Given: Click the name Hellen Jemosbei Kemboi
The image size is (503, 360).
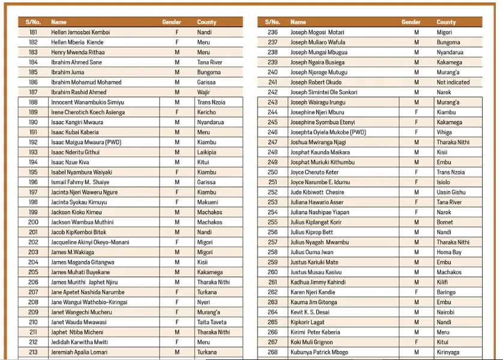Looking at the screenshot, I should (x=80, y=32).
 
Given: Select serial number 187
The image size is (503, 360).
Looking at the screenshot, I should (x=33, y=92).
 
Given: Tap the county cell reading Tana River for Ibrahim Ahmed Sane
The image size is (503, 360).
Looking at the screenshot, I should (x=209, y=62).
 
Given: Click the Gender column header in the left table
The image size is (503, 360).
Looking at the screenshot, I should (x=172, y=22).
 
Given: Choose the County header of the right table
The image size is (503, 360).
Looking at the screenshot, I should (x=446, y=22).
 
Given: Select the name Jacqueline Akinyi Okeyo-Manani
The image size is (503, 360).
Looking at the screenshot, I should (x=90, y=242).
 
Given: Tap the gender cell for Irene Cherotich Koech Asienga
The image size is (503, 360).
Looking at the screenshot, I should (x=177, y=112).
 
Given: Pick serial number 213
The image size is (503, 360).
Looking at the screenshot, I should (x=33, y=352).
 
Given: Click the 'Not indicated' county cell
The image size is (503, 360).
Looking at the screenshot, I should (x=453, y=82).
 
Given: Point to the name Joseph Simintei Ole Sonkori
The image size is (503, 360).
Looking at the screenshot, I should (x=324, y=92).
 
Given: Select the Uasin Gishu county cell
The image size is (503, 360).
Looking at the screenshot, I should (x=451, y=192).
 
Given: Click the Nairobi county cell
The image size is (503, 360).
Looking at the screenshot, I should (x=445, y=312).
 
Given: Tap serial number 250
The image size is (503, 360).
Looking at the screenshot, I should (x=273, y=172).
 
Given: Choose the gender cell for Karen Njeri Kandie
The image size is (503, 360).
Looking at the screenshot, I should (x=417, y=292).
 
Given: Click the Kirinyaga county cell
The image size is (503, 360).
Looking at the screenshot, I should (x=448, y=352).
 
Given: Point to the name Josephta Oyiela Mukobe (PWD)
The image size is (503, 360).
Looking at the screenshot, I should (x=328, y=132).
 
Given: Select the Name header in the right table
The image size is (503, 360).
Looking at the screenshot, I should (x=298, y=22).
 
